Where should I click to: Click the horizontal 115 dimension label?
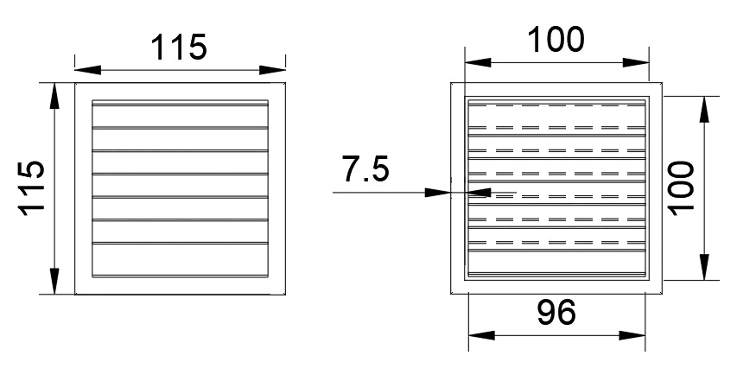[179, 47]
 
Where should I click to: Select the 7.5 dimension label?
[365, 169]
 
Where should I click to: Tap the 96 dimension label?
[556, 313]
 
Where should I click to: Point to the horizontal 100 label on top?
[557, 39]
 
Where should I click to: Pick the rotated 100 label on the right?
[681, 188]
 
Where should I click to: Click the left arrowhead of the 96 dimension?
[482, 335]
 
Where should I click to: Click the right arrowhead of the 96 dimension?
[632, 335]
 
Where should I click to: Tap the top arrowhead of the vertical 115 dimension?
[55, 96]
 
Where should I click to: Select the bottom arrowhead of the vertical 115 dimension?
[55, 282]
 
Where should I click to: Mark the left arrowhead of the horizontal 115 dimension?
[88, 70]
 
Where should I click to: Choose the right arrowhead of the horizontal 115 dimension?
[273, 70]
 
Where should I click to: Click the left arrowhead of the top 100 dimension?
[478, 62]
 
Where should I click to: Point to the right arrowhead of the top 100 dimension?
[636, 62]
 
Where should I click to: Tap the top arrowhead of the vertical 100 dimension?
[704, 110]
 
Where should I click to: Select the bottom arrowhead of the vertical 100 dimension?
[704, 267]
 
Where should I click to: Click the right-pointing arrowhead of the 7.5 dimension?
[437, 192]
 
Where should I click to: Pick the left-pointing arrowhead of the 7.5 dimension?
[478, 192]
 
